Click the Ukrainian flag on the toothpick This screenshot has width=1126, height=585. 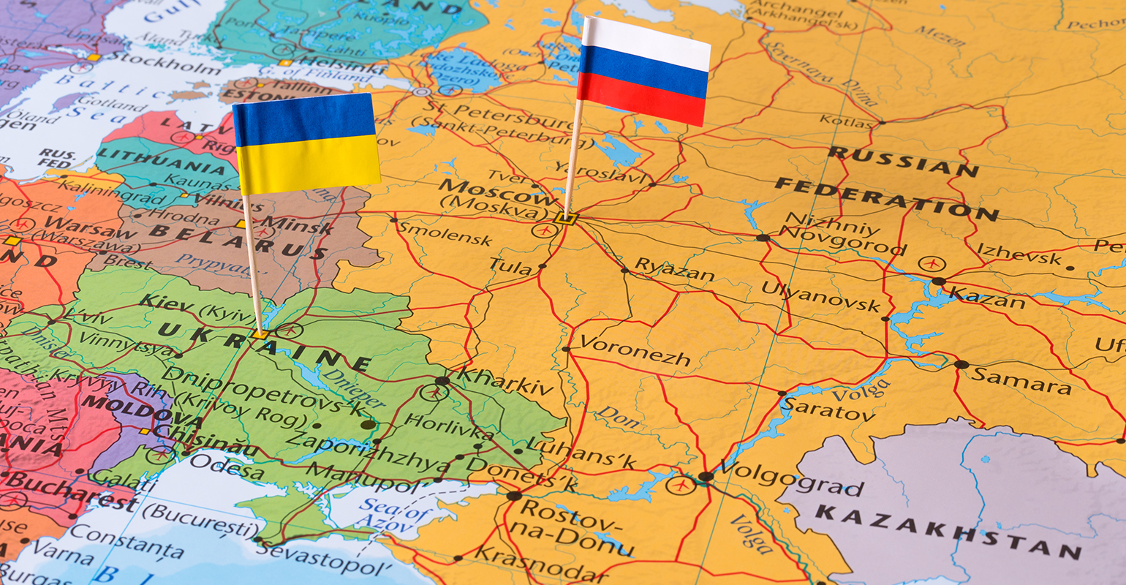[306, 143]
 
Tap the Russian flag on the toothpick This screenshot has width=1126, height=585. [643, 71]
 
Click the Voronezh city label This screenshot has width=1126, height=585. [635, 350]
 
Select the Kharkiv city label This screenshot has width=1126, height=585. [505, 381]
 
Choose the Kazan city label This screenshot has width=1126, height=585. [986, 298]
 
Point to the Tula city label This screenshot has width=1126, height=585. [510, 268]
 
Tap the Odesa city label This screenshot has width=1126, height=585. [227, 467]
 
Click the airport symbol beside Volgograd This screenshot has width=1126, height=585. [679, 484]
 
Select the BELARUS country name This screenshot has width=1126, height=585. [238, 241]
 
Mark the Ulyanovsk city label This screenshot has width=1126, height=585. [820, 295]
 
